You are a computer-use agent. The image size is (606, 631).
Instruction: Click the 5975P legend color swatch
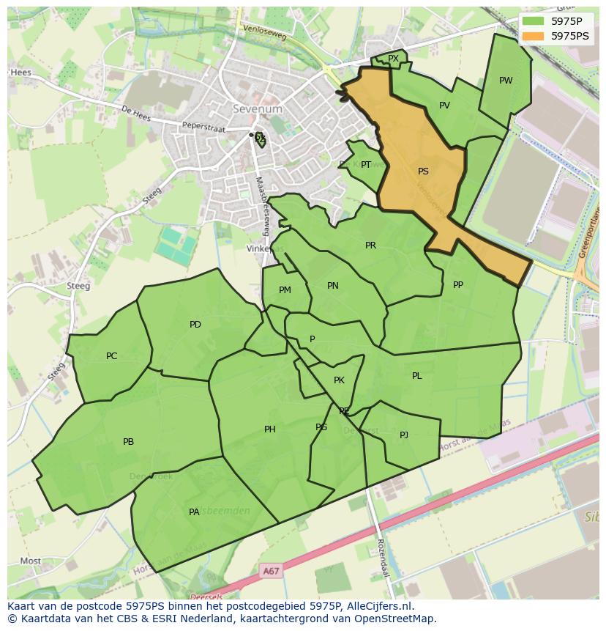(534, 21)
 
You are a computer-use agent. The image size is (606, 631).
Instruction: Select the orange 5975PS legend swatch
(534, 35)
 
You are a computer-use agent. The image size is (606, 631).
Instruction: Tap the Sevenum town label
(258, 108)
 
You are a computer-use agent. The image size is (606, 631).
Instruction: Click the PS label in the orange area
(423, 171)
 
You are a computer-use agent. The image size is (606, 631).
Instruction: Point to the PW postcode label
(506, 81)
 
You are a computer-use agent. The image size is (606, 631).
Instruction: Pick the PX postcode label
(393, 59)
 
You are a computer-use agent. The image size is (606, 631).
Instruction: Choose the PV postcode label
(444, 106)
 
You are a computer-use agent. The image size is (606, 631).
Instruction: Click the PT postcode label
(366, 165)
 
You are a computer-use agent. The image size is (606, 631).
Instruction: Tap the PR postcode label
(370, 246)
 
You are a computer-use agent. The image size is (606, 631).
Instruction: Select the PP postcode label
(458, 285)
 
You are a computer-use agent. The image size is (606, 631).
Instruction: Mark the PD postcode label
(195, 324)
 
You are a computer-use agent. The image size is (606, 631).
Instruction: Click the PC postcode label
(111, 356)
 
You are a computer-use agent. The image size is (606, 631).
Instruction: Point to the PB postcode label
(129, 442)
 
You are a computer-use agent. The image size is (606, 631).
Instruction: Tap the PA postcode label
(194, 512)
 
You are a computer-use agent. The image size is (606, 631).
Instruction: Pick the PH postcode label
(270, 429)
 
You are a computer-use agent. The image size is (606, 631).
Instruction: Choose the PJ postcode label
(404, 435)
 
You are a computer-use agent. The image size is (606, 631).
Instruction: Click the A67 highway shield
(271, 570)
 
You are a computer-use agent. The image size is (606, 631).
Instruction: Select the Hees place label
(20, 73)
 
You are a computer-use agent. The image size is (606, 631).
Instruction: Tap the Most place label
(31, 561)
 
